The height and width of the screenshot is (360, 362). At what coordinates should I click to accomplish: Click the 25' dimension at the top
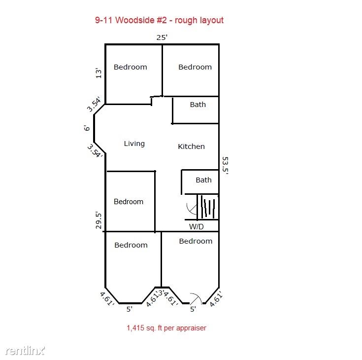[x=162, y=37]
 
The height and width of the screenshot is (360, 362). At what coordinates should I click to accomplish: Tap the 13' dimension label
[x=99, y=73]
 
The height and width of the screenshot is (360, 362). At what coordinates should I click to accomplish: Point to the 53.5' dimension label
[x=225, y=165]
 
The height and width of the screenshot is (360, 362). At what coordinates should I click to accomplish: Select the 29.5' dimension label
[x=99, y=220]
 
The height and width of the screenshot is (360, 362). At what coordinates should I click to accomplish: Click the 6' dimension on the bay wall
[x=87, y=128]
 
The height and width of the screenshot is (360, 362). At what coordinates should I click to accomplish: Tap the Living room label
[x=134, y=144]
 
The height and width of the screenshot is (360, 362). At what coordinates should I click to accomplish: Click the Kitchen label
[x=191, y=146]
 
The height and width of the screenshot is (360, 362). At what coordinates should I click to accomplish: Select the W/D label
[x=196, y=226]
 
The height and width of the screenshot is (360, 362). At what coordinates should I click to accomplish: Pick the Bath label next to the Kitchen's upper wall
[x=198, y=105]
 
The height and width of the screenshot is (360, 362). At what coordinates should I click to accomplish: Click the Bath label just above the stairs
[x=203, y=180]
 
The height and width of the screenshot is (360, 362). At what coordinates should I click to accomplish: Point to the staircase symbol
[x=208, y=207]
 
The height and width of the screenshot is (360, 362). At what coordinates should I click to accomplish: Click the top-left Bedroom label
[x=130, y=67]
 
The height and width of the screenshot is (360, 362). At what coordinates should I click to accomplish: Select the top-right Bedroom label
[x=195, y=67]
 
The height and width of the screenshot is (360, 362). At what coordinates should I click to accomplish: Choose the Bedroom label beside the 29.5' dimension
[x=129, y=202]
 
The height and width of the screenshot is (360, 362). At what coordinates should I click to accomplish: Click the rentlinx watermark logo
[x=25, y=351]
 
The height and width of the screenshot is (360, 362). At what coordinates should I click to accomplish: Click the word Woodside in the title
[x=135, y=20]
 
